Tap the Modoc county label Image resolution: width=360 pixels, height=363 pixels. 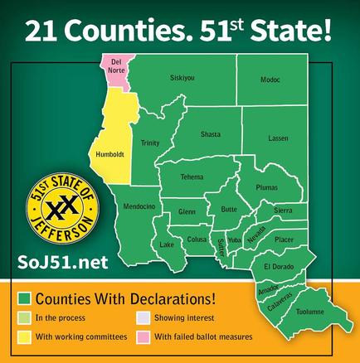[270, 80]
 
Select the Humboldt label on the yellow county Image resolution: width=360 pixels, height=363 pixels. [110, 154]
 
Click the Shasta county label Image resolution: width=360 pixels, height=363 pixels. [211, 136]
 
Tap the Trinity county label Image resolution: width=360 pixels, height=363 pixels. [150, 143]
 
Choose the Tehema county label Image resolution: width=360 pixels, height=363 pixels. [192, 177]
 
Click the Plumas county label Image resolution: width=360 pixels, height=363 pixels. [266, 188]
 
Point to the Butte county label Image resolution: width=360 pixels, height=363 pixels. [229, 210]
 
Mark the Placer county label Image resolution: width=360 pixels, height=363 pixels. [284, 239]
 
